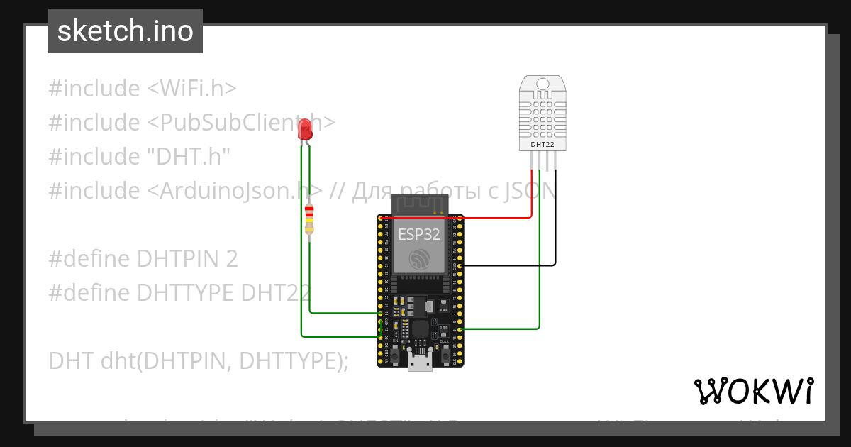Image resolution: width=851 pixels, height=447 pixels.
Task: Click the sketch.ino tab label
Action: (125, 31)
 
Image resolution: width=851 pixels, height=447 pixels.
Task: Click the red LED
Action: (305, 129)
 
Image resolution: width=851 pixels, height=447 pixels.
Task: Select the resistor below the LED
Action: (309, 219)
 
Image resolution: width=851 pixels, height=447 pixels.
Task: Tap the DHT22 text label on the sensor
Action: (543, 145)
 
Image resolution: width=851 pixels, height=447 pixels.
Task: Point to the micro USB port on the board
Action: (420, 363)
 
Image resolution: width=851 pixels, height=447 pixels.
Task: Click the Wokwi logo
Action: (753, 391)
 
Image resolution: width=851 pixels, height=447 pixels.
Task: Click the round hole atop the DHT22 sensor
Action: (543, 84)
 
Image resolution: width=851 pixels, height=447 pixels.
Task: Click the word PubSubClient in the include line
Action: (234, 123)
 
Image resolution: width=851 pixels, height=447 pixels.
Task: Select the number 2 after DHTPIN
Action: (231, 259)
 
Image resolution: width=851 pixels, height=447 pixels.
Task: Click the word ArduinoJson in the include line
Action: (234, 191)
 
